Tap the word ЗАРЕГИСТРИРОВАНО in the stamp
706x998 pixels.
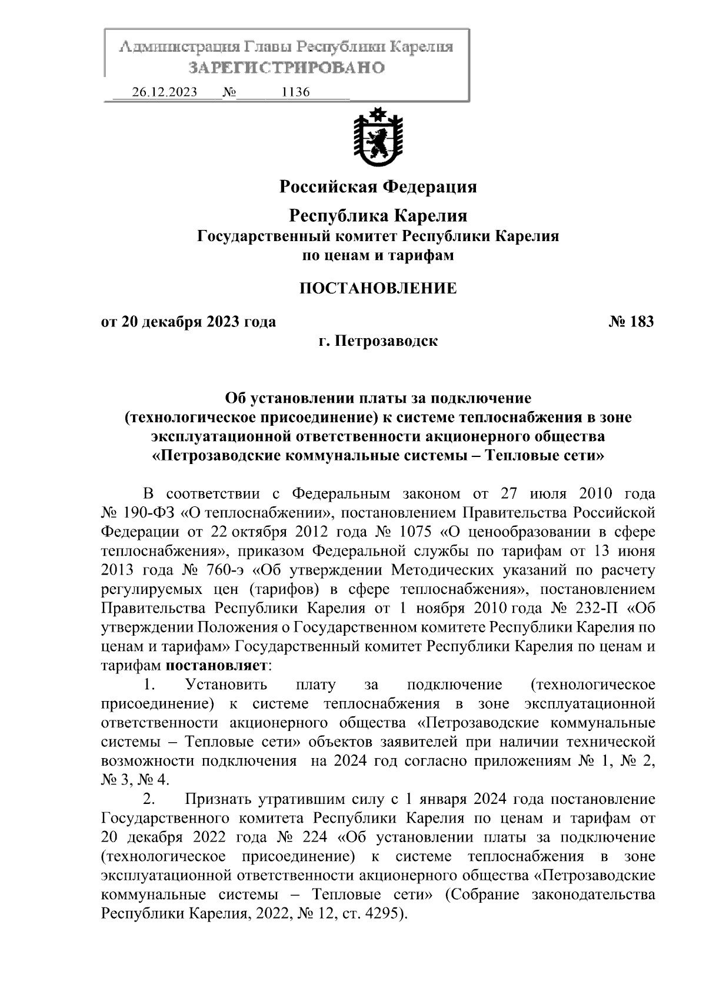(x=287, y=68)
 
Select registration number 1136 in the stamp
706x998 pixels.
(x=296, y=92)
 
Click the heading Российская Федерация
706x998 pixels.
(x=378, y=187)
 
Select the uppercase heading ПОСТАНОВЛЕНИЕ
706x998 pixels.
(x=378, y=288)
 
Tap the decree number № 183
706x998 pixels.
(x=631, y=322)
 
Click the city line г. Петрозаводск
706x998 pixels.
(x=378, y=341)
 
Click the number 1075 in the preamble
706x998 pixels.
(x=416, y=532)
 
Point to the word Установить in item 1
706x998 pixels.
(x=226, y=685)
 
